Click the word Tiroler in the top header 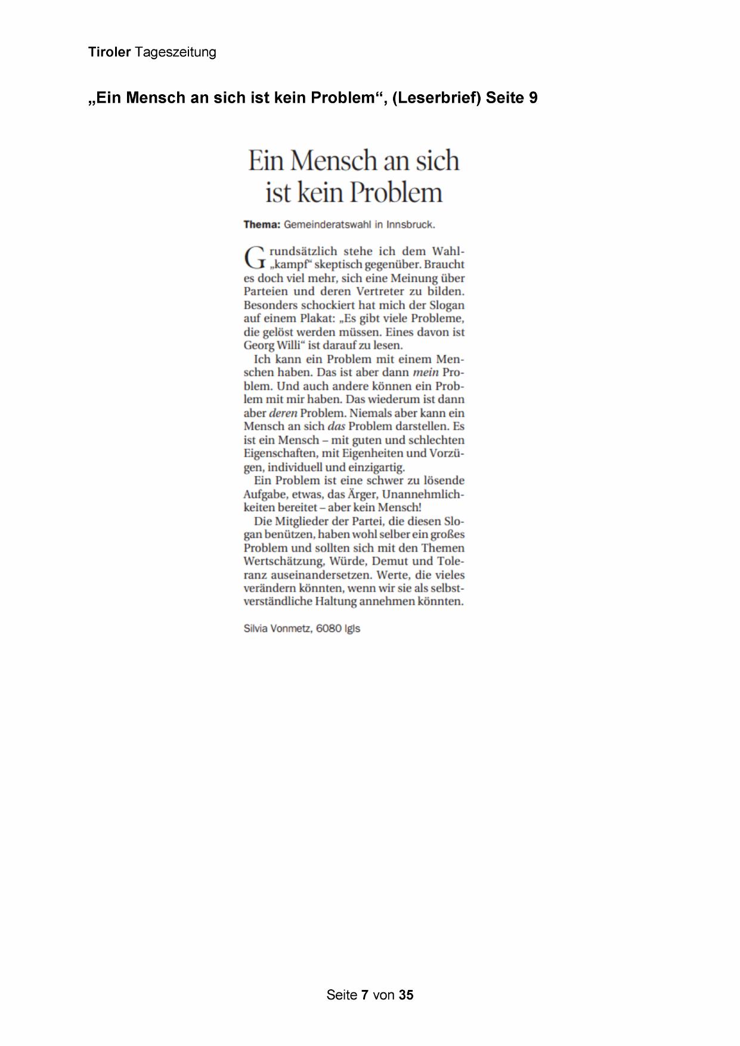[109, 52]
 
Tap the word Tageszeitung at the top [175, 52]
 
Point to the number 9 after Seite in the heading [533, 98]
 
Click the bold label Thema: [262, 225]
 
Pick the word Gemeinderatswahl [327, 225]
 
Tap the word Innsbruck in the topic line [410, 225]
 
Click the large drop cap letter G [254, 258]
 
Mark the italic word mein [425, 373]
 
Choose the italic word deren [283, 413]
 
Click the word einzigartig [376, 467]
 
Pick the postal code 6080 [329, 629]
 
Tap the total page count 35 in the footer [406, 995]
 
